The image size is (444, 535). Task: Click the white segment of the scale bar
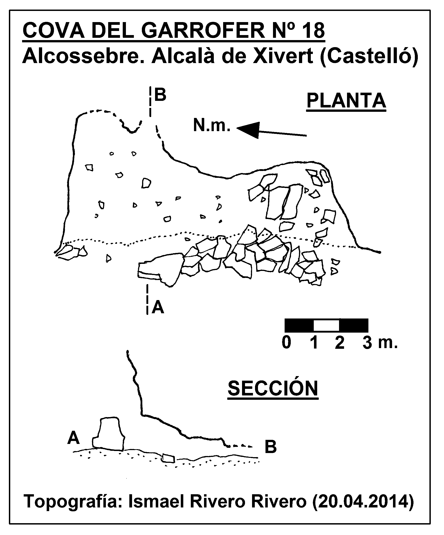click(x=326, y=325)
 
